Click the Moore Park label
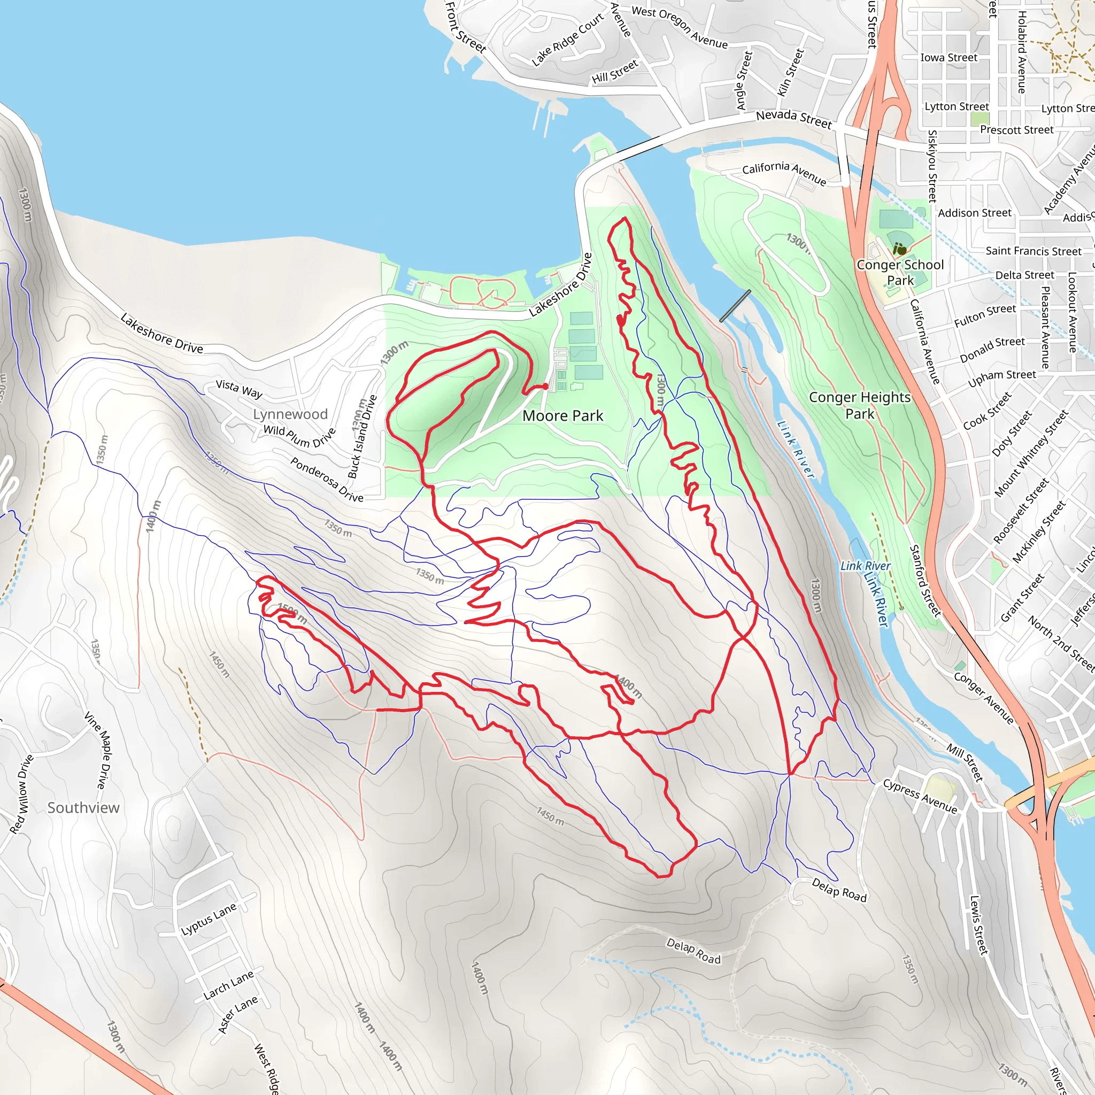[x=563, y=416]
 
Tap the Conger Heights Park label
[x=859, y=405]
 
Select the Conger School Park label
[x=900, y=273]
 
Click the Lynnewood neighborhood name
[x=290, y=414]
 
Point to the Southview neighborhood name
[x=83, y=808]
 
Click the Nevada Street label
[x=793, y=119]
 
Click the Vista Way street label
[x=238, y=389]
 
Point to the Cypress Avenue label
[x=920, y=796]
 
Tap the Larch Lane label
[x=228, y=985]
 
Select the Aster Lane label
[x=237, y=1014]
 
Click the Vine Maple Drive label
[x=96, y=750]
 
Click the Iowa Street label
[x=949, y=58]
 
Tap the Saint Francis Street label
[x=1033, y=251]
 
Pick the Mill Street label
[x=965, y=762]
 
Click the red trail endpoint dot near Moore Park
[x=545, y=386]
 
